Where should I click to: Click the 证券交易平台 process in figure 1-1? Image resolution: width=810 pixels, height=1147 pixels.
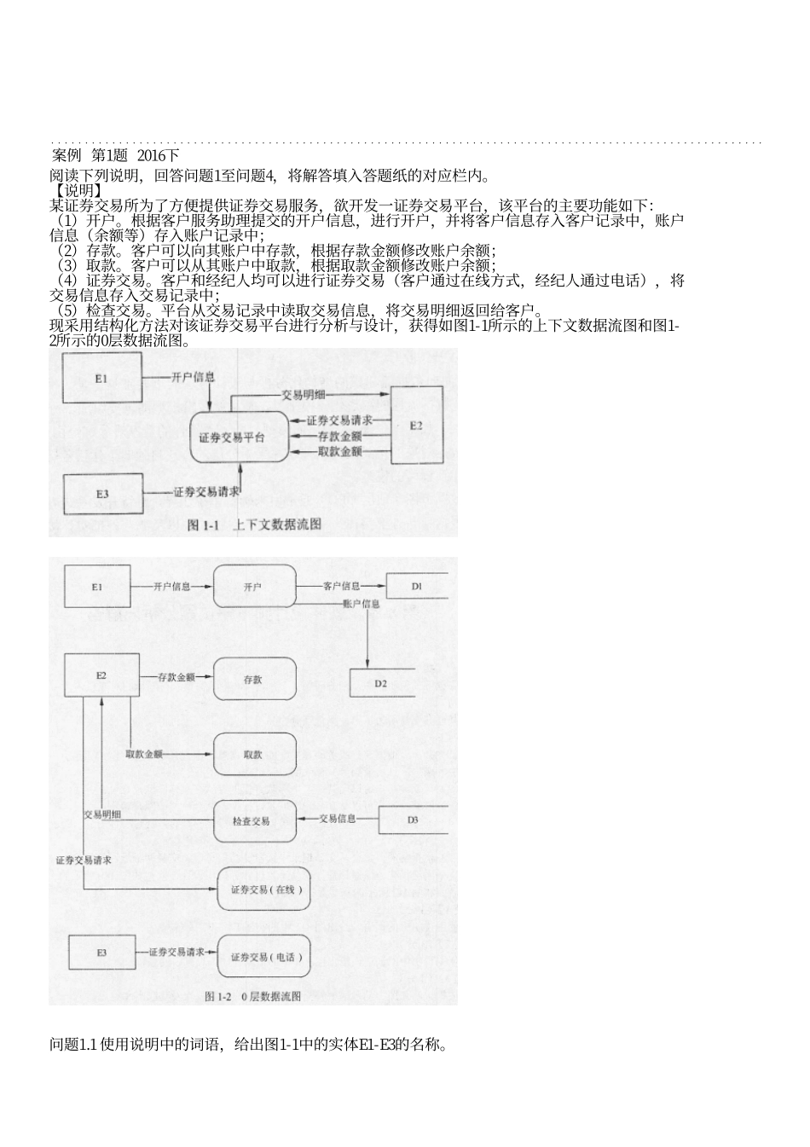click(238, 437)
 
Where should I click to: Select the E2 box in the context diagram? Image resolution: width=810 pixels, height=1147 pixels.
click(416, 425)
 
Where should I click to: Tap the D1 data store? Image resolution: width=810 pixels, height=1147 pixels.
click(417, 586)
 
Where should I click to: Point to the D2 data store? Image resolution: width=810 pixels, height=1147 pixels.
click(382, 683)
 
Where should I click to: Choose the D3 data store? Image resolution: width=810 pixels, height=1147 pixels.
click(413, 820)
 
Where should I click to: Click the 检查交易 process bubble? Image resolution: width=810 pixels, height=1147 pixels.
click(254, 820)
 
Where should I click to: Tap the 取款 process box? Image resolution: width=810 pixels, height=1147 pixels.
click(254, 754)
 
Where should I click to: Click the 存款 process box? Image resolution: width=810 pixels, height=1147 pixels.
click(254, 680)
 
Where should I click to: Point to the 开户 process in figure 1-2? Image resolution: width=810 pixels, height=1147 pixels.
click(254, 587)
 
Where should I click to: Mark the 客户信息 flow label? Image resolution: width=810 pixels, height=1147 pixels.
click(340, 587)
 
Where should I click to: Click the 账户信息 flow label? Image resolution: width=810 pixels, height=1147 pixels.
click(361, 604)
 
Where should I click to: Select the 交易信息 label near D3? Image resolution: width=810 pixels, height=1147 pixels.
click(338, 819)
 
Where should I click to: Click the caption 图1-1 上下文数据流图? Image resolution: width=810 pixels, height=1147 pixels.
click(254, 524)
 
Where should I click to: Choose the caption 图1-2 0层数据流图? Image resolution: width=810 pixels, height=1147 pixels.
click(253, 995)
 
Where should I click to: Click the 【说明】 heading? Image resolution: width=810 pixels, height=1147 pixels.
click(77, 191)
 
